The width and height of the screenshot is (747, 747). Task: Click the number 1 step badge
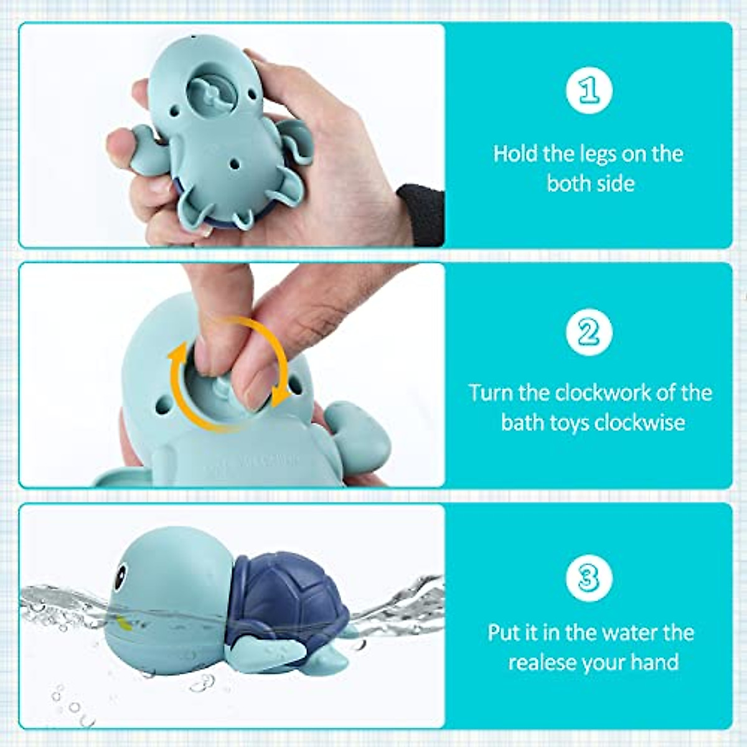589,91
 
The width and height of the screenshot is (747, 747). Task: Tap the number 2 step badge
589,332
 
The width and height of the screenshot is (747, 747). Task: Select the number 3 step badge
589,577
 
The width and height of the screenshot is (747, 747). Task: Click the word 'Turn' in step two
491,393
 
